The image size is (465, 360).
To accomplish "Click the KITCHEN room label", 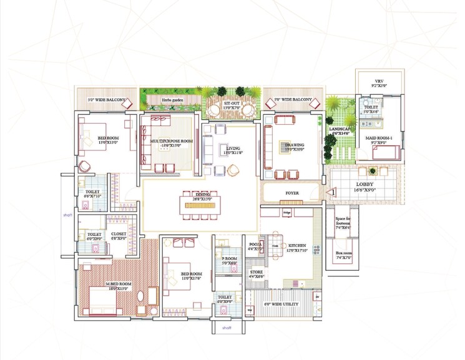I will [296, 246].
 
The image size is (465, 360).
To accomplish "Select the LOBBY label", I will [365, 185].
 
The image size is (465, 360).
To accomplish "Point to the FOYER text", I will [292, 193].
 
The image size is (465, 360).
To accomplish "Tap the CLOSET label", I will [119, 234].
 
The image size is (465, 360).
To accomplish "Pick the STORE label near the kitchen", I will [257, 273].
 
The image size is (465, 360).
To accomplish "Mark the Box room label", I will [345, 255].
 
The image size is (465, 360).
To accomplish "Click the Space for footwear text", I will [345, 219].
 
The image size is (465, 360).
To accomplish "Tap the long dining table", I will [202, 203].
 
